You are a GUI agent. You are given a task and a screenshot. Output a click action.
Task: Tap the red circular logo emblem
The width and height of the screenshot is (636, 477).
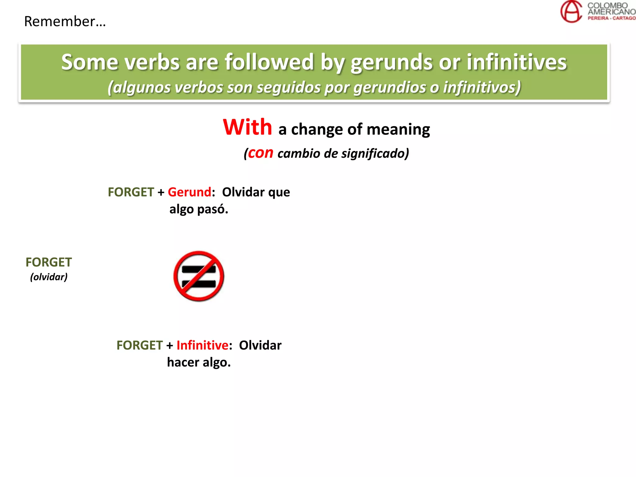pos(571,12)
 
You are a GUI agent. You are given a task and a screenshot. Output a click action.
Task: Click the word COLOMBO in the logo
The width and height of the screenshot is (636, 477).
pos(607,5)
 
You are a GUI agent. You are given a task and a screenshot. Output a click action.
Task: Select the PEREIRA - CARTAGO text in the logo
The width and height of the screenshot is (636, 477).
pos(611,18)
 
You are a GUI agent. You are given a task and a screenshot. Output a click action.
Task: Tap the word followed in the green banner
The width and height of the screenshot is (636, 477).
pos(269,62)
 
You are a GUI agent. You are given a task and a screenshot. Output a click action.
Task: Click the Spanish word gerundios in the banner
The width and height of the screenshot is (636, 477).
pos(389,88)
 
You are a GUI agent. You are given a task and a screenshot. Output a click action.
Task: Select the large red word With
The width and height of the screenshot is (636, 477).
pos(248,127)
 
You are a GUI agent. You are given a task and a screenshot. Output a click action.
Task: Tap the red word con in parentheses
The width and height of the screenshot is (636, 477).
pos(261,153)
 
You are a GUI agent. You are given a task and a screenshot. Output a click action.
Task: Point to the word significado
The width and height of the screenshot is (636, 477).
pos(366,153)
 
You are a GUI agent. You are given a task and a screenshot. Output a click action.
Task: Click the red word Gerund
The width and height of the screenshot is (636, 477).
pos(189,192)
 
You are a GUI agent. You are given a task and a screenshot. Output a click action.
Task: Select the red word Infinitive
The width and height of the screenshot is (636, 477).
pos(202,345)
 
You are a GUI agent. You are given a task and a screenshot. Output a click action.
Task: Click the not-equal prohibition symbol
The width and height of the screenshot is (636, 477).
pos(199,276)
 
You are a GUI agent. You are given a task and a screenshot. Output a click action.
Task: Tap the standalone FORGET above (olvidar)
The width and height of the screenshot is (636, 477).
pos(49,262)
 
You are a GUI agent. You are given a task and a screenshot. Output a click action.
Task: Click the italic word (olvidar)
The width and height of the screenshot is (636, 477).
pos(49,277)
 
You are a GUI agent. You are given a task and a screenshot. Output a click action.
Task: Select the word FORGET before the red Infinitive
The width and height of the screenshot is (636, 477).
pos(139,345)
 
